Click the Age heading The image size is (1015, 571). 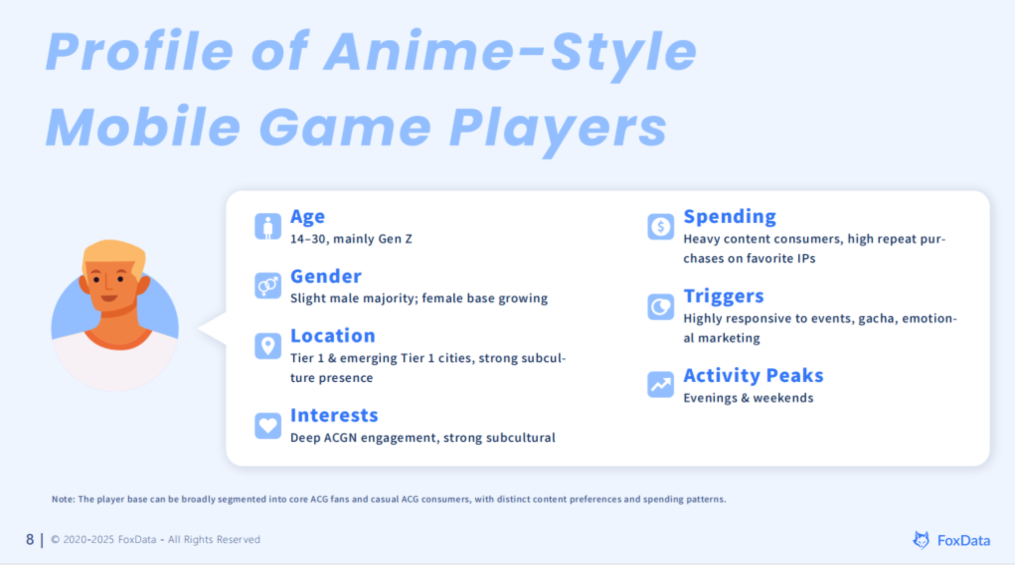pyautogui.click(x=307, y=217)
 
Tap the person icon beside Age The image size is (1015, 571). pyautogui.click(x=268, y=227)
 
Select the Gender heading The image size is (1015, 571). pyautogui.click(x=326, y=276)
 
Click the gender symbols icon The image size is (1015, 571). pyautogui.click(x=268, y=286)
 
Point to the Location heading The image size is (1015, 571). pyautogui.click(x=333, y=336)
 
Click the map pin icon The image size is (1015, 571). pyautogui.click(x=268, y=345)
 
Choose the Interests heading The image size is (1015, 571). pyautogui.click(x=334, y=415)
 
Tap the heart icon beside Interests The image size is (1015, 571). pyautogui.click(x=268, y=425)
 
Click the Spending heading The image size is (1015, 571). pyautogui.click(x=730, y=217)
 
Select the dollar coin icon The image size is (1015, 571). pyautogui.click(x=661, y=227)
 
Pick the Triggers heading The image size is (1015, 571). pyautogui.click(x=723, y=297)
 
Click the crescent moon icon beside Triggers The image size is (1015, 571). pyautogui.click(x=661, y=307)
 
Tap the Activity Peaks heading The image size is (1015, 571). pyautogui.click(x=754, y=376)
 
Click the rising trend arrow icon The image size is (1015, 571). pyautogui.click(x=661, y=385)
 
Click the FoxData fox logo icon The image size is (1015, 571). pyautogui.click(x=921, y=540)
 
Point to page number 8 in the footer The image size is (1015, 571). pyautogui.click(x=30, y=539)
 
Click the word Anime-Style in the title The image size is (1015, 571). pyautogui.click(x=510, y=51)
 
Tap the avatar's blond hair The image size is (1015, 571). pyautogui.click(x=114, y=254)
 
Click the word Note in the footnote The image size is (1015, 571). pyautogui.click(x=63, y=499)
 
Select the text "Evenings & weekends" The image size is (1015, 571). pyautogui.click(x=748, y=398)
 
